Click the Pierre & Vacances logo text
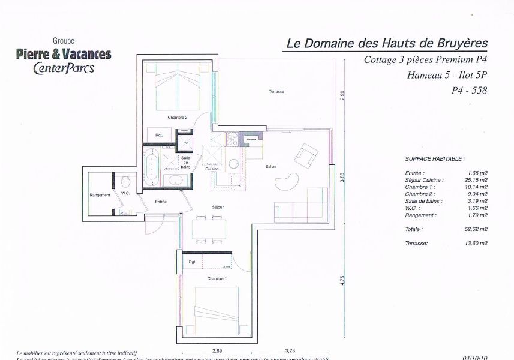[64, 54]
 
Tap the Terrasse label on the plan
[276, 91]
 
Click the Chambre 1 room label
[217, 279]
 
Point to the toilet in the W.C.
[125, 182]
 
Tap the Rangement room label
[100, 195]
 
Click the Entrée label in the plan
[160, 202]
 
